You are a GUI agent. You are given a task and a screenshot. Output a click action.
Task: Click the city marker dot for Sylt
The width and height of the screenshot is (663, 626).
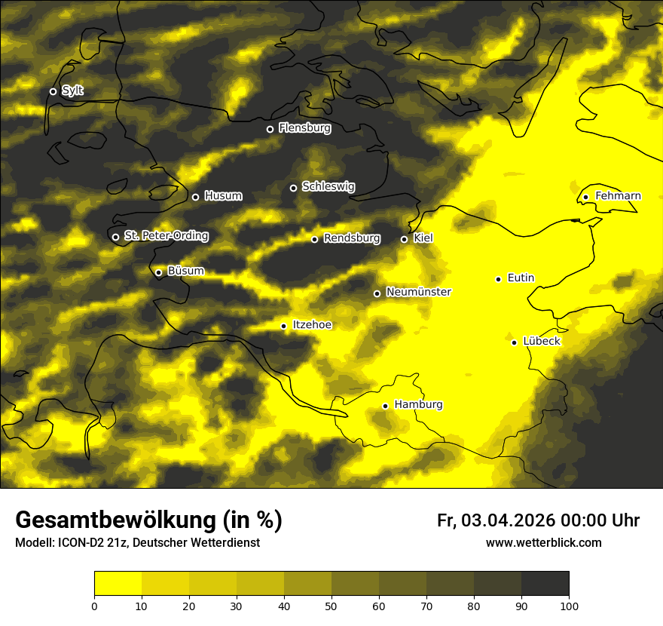[x=53, y=91]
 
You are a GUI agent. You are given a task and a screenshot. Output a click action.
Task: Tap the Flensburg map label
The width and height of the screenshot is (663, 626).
[x=304, y=128]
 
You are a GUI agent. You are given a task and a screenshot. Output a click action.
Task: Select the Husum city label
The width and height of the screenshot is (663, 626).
[x=223, y=196]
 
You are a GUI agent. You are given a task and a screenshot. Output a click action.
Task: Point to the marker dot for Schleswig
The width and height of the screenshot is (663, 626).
[x=294, y=188]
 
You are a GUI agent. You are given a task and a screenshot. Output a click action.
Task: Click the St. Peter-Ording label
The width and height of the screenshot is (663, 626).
[x=166, y=236]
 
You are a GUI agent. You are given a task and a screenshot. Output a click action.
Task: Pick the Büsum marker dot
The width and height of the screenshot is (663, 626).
[x=158, y=273]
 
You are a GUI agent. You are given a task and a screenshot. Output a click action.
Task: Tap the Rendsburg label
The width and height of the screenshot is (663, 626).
[x=352, y=238]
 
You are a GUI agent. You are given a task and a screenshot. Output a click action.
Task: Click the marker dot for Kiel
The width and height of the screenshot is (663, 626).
[x=404, y=239]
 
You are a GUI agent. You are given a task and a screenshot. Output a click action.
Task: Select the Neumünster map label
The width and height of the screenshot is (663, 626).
[x=418, y=292]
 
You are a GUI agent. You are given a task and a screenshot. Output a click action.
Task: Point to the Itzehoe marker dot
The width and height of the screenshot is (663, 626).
[x=283, y=326]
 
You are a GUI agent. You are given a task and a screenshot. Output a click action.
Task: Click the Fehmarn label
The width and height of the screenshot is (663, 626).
[x=618, y=196]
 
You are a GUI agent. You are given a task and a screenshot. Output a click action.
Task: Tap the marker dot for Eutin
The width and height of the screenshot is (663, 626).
[x=498, y=279]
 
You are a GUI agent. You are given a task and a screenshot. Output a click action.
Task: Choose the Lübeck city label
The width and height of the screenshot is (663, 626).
[x=541, y=342]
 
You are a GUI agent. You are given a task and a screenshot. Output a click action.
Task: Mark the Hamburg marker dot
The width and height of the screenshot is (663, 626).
[x=385, y=406]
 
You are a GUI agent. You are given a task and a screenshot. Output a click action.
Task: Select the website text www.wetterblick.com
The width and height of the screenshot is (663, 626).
[x=544, y=543]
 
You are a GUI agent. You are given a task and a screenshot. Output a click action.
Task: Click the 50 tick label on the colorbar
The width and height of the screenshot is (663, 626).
[x=331, y=606]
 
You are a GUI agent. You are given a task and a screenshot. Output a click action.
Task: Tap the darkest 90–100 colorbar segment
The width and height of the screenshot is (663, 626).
[x=545, y=583]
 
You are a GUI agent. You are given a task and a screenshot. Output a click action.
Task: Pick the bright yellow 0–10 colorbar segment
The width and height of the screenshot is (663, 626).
[x=118, y=583]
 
